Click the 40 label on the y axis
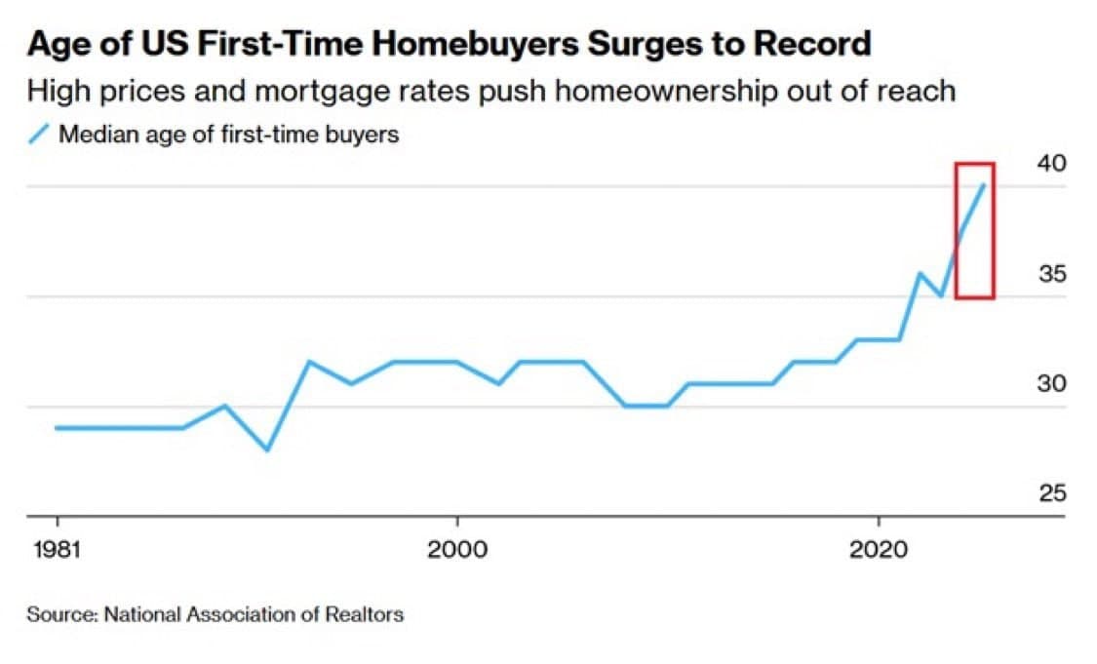tap(1051, 163)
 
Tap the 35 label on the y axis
tap(1051, 274)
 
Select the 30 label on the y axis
tap(1051, 384)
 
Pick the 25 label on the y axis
tap(1051, 494)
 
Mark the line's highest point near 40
tap(984, 185)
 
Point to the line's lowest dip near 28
tap(267, 449)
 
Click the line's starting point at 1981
tap(57, 428)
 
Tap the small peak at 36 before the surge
tap(920, 273)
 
